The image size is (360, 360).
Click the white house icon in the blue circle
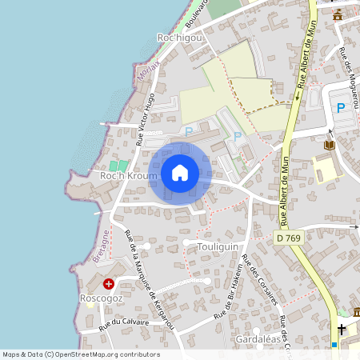point(180,173)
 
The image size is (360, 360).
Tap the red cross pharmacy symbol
point(109,283)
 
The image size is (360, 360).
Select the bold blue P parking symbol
point(341,108)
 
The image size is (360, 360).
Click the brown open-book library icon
point(330,145)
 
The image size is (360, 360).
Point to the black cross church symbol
point(342,329)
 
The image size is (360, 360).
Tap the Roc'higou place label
point(180,38)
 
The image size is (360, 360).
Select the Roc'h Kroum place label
point(123,175)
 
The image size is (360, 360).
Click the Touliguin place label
point(217,247)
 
